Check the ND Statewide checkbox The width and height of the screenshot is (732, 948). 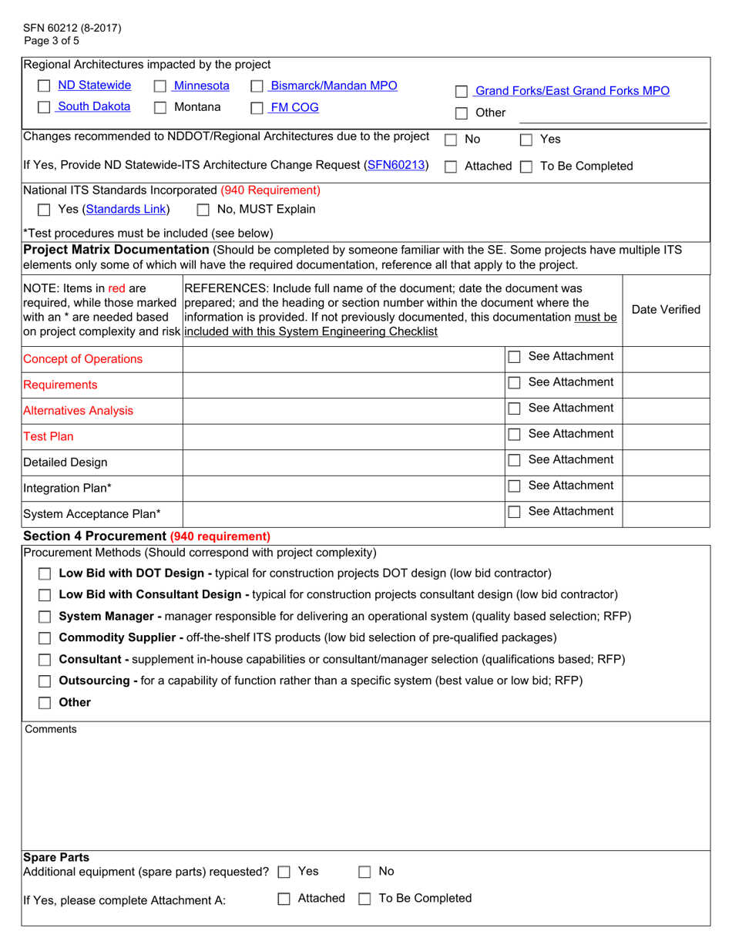coord(45,86)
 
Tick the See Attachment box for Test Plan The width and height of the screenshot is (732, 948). coord(515,435)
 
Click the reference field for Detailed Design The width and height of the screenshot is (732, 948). coord(342,462)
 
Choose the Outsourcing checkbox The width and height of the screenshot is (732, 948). coord(45,681)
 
